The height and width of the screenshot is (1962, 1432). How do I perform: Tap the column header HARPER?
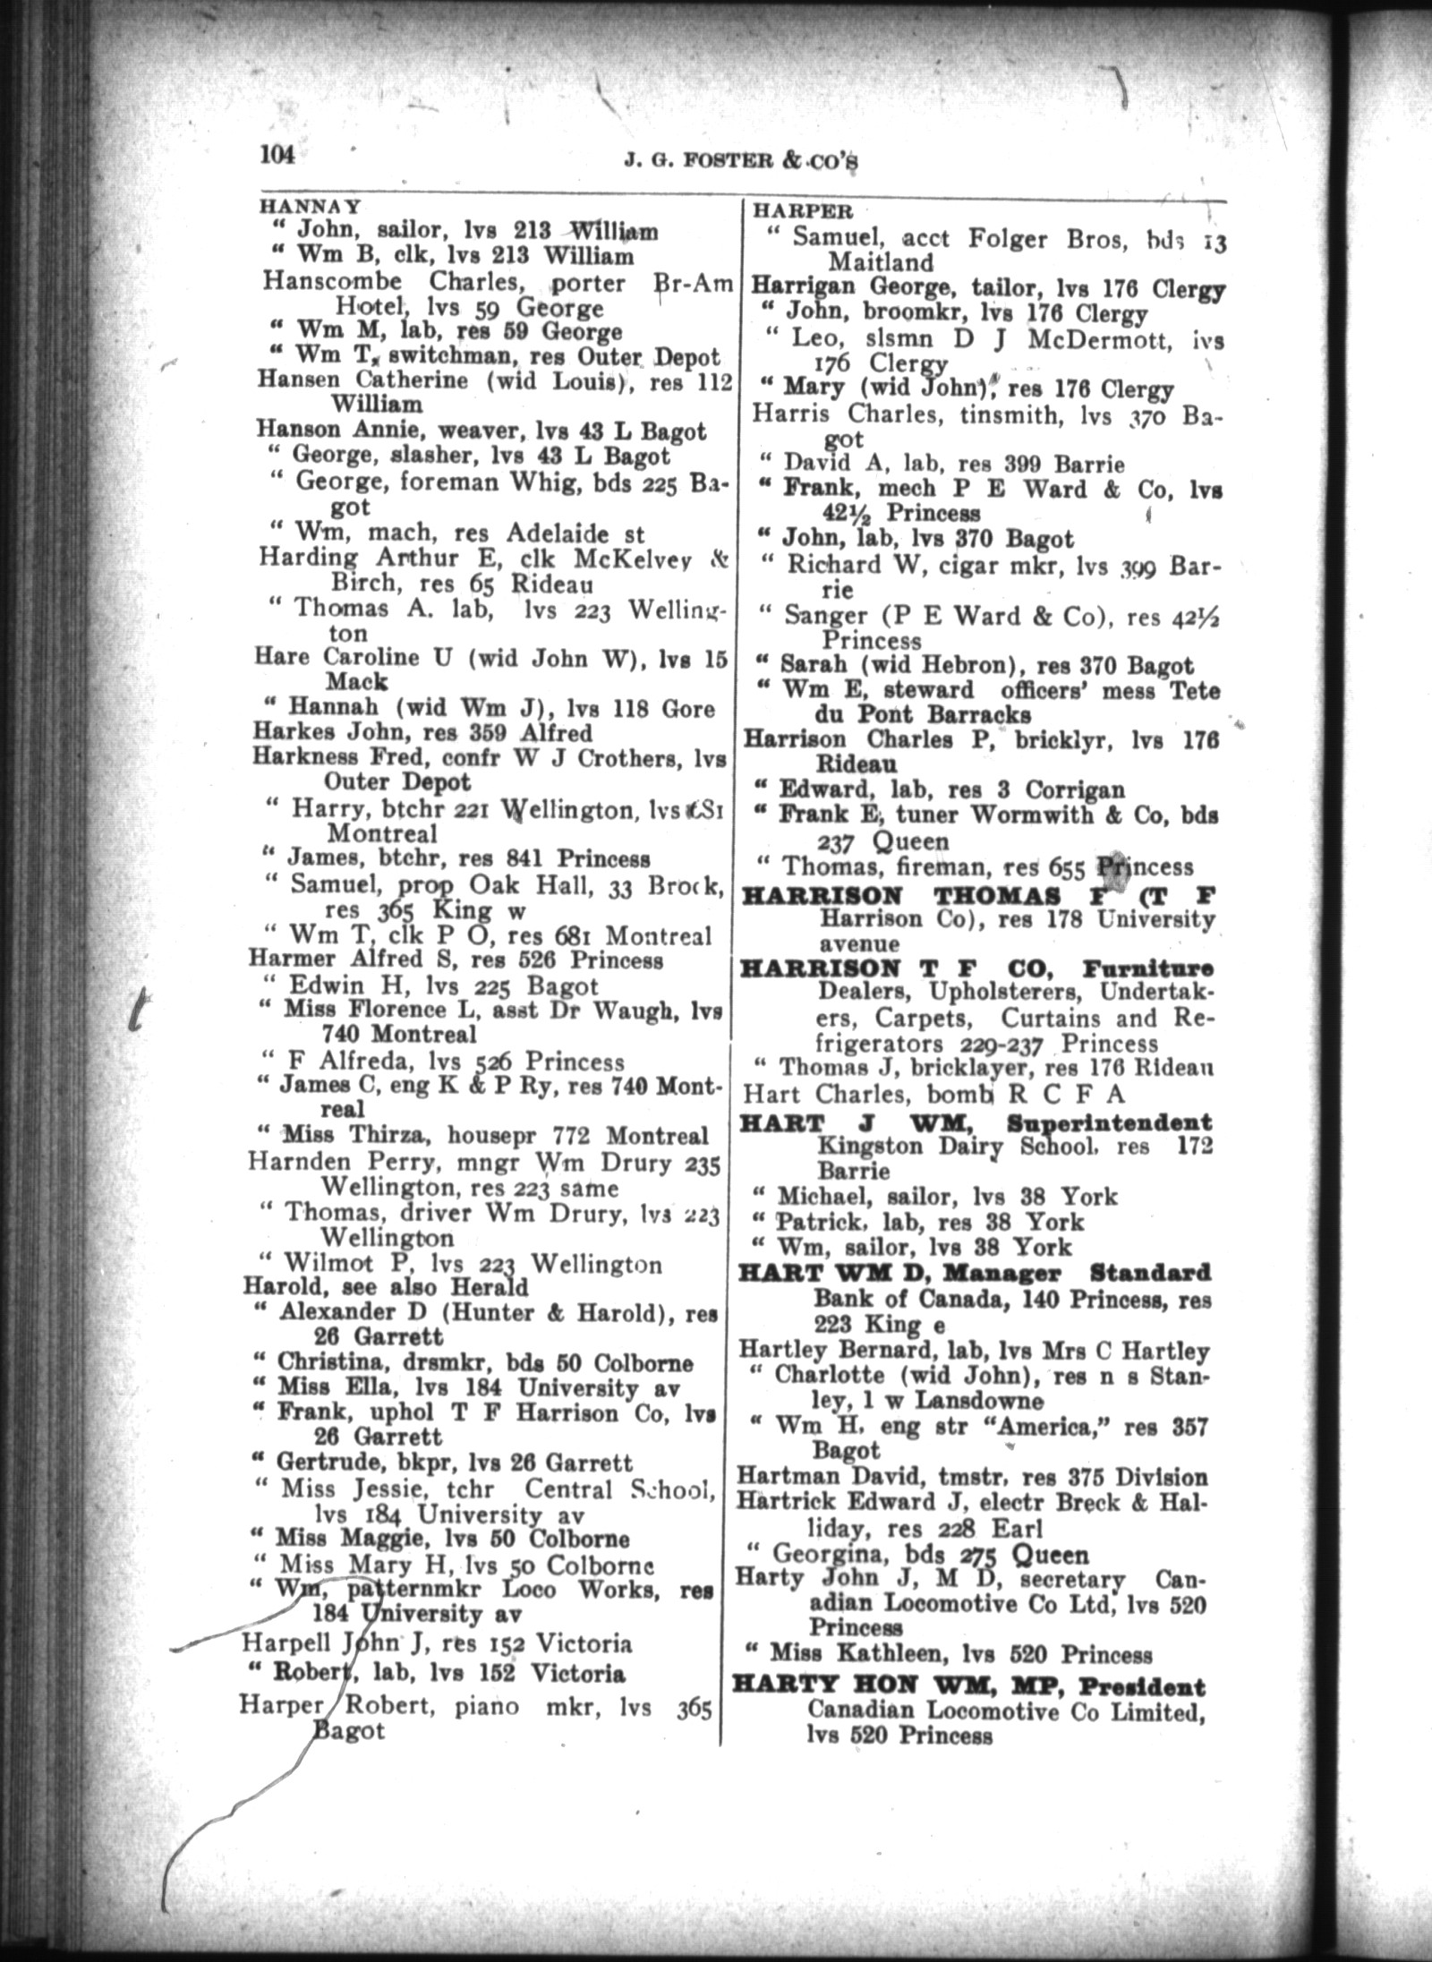803,212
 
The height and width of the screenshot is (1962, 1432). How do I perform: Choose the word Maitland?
880,262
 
